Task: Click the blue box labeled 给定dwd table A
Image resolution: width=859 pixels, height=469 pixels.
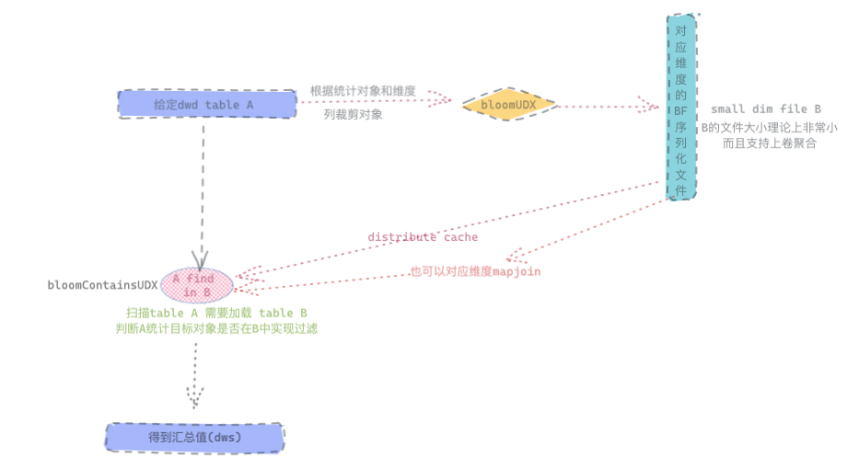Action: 203,104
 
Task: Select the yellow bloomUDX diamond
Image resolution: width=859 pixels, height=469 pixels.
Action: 509,105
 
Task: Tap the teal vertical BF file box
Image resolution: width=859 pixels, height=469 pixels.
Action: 681,107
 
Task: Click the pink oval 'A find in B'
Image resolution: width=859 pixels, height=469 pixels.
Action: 197,285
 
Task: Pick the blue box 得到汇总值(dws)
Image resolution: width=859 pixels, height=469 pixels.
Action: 194,438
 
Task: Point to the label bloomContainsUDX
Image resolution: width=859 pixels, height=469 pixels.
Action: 102,285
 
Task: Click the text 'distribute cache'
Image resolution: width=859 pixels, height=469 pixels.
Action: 423,237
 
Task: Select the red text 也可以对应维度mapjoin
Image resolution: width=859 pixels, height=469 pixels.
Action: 475,271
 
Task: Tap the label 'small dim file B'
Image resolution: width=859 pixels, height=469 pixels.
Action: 766,109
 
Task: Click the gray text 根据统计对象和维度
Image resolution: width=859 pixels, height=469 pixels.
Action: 363,91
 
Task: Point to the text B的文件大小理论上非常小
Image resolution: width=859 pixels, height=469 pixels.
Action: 769,127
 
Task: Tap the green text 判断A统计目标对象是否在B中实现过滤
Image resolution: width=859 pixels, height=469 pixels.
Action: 216,328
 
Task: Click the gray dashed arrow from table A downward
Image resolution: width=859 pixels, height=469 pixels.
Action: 202,184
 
